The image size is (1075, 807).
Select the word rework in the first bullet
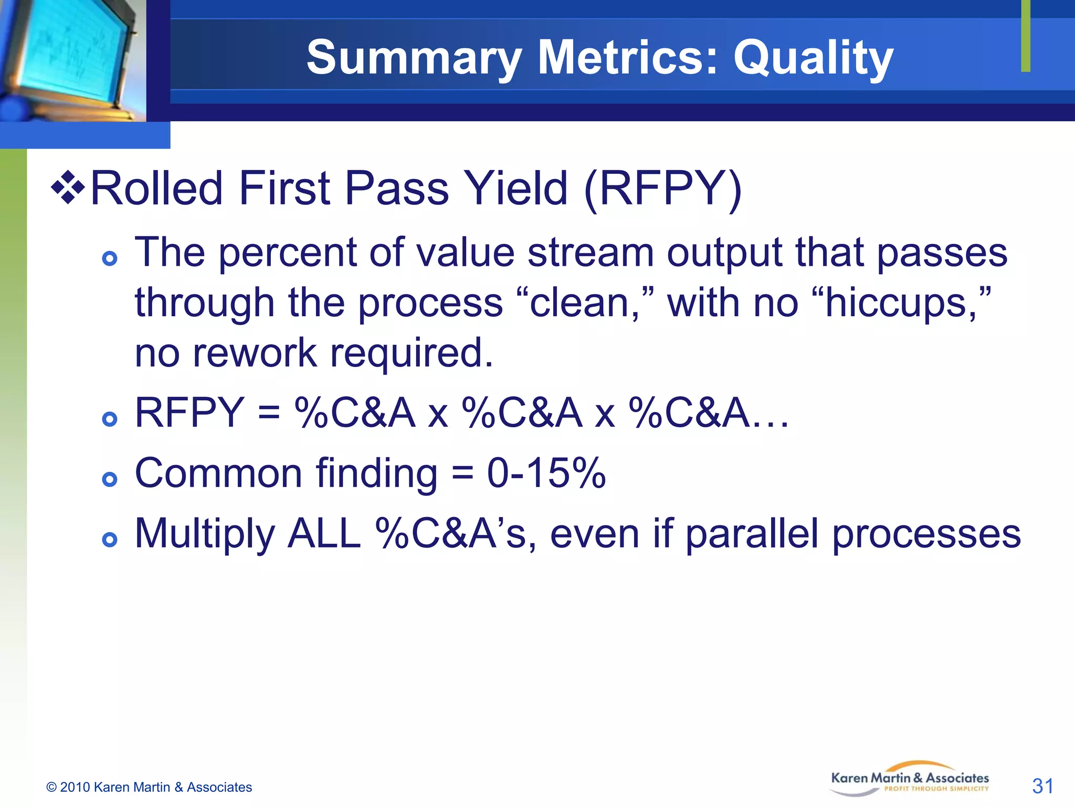click(x=255, y=353)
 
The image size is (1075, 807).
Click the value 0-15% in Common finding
click(x=546, y=473)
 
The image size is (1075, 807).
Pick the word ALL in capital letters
click(x=324, y=534)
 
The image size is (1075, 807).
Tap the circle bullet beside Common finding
click(x=110, y=479)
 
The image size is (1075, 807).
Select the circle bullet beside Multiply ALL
click(x=110, y=540)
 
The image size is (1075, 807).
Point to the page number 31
click(x=1042, y=786)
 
